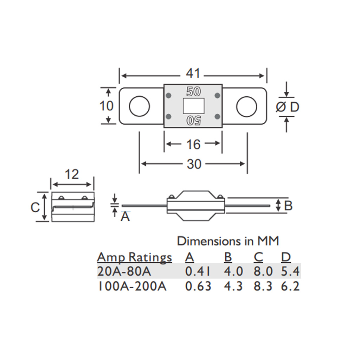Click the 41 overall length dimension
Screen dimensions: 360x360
pos(193,74)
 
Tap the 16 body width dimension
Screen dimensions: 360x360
pos(193,144)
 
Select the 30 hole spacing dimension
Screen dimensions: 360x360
pos(194,164)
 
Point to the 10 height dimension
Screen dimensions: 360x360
pos(107,105)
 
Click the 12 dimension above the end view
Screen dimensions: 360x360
pos(72,174)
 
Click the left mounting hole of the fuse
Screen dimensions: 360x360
pos(139,106)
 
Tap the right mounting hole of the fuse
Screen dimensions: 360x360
pos(246,106)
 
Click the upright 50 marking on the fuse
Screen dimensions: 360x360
pos(193,92)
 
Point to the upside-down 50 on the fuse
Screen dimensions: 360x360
pos(193,120)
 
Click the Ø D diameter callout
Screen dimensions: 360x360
pos(287,107)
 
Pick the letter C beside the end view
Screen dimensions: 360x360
pos(35,207)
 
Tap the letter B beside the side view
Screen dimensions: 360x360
pos(288,206)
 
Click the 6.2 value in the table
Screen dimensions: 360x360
pos(290,286)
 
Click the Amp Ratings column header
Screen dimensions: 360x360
pos(134,258)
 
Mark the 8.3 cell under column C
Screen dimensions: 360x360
pos(263,286)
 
